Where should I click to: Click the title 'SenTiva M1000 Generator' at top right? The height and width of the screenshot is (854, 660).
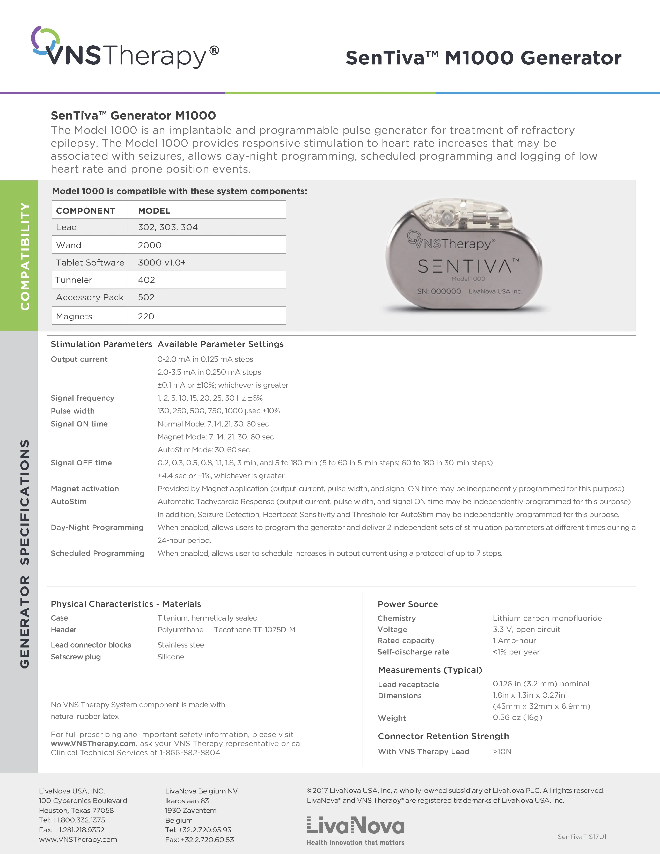(x=483, y=58)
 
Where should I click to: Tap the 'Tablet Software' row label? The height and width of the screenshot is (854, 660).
(x=90, y=262)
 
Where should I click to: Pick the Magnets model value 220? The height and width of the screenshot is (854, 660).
(x=146, y=316)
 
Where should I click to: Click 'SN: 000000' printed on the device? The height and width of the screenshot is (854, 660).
(x=439, y=291)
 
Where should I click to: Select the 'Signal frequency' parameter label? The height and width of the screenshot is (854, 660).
(x=83, y=398)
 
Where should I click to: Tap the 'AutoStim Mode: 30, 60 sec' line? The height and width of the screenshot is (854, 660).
(x=203, y=450)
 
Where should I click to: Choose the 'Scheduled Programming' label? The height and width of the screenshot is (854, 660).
(x=97, y=553)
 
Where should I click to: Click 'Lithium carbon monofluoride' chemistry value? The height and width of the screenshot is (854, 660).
(x=547, y=618)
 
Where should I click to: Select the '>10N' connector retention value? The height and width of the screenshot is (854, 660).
(x=502, y=752)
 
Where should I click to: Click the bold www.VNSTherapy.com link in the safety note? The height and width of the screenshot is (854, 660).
(x=93, y=743)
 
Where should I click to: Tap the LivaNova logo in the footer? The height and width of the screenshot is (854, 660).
(x=355, y=826)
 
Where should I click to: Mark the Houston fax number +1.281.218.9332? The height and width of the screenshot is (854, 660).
(x=71, y=830)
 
